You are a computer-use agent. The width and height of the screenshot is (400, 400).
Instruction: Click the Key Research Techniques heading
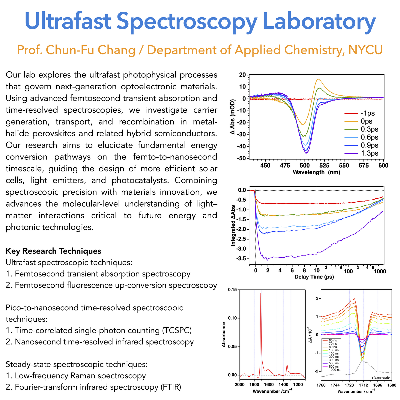tap(54, 251)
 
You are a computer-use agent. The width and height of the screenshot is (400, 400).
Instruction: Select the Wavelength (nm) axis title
tap(316, 172)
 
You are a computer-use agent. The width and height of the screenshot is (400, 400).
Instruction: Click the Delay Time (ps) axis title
tap(314, 277)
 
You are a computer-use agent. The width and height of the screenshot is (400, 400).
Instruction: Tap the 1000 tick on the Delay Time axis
tap(380, 271)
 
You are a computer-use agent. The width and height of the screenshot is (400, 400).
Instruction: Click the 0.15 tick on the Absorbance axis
tap(232, 290)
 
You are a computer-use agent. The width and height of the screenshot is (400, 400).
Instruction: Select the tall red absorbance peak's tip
tap(261, 293)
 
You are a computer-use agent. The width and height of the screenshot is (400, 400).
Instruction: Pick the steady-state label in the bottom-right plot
tap(381, 378)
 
